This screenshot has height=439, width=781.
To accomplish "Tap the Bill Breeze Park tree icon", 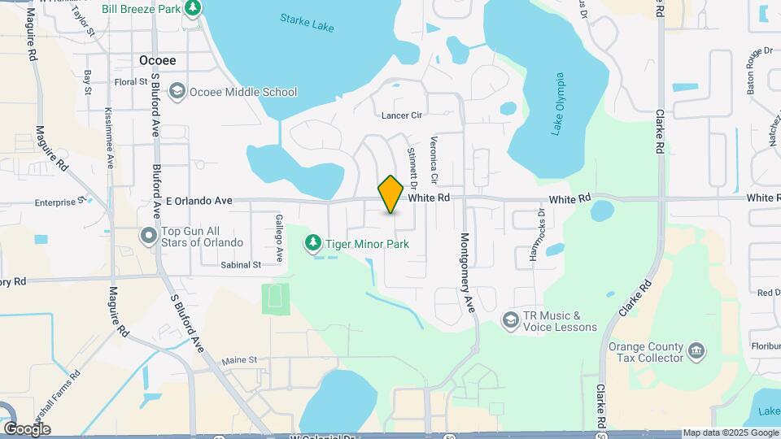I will pos(193,9).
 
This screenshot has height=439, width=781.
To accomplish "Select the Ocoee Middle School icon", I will pos(177,92).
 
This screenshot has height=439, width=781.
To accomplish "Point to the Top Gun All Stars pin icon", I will pos(149,236).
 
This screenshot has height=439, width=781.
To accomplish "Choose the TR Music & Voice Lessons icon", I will pos(510,320).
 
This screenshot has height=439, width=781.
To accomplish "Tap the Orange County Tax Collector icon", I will pos(696,351).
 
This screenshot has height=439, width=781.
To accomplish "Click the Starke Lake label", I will pos(306,21).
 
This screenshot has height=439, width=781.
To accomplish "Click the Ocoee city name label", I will pos(157,60).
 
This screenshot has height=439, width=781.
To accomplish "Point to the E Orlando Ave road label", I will pos(199,200).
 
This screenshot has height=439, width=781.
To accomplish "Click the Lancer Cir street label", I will pos(403,115).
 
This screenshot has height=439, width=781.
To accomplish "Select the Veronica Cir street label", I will pos(434,159).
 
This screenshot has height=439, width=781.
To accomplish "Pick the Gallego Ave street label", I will pos(278,237).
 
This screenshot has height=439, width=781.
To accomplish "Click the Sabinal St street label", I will pos(240,265).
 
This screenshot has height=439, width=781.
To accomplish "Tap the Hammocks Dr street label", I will pos(535,235).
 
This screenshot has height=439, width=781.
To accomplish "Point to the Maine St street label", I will pos(239,359).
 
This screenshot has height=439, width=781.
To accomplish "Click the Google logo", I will pos(27,428).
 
